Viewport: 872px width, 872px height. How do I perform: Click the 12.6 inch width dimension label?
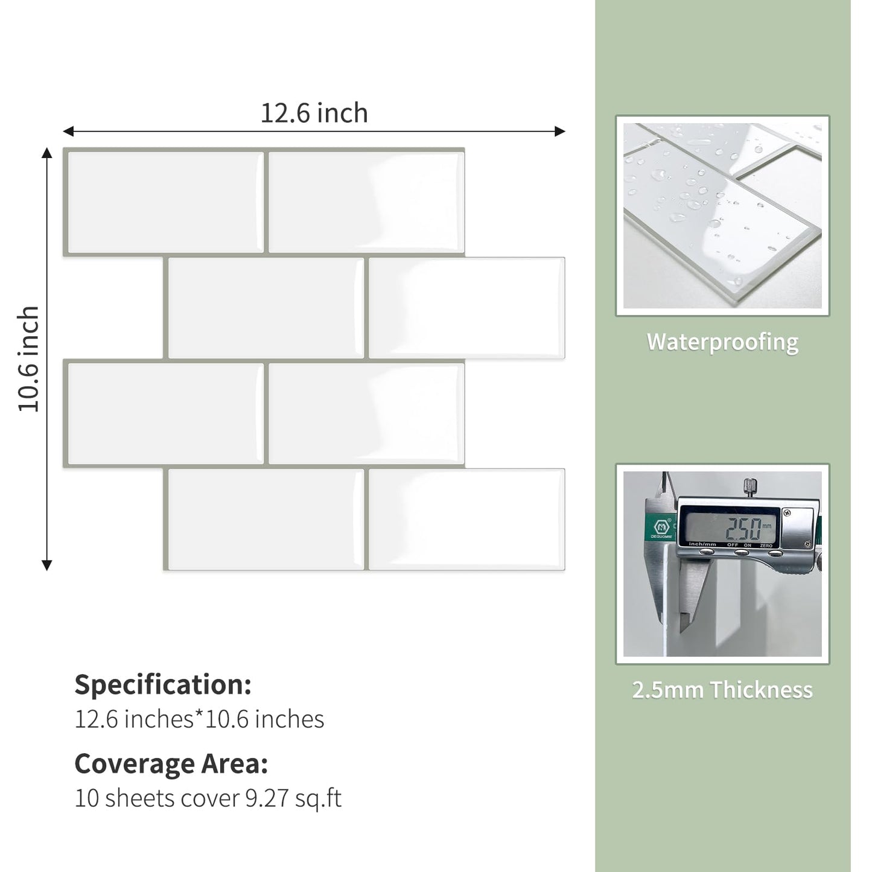pyautogui.click(x=314, y=113)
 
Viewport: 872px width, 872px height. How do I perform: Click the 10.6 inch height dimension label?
pyautogui.click(x=28, y=358)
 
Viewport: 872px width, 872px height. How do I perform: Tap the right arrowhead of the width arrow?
pyautogui.click(x=561, y=132)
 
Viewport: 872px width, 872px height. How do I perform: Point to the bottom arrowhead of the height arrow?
pyautogui.click(x=46, y=565)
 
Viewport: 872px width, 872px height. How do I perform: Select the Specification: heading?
pyautogui.click(x=163, y=685)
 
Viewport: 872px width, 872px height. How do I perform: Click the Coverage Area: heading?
pyautogui.click(x=171, y=764)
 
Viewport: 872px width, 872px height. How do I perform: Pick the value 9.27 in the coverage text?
pyautogui.click(x=267, y=798)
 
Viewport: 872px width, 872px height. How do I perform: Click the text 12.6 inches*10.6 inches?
pyautogui.click(x=199, y=719)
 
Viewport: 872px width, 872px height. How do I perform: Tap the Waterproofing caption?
pyautogui.click(x=722, y=342)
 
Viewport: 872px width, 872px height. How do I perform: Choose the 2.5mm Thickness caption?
pyautogui.click(x=722, y=690)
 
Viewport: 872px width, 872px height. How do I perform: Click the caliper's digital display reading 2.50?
pyautogui.click(x=743, y=529)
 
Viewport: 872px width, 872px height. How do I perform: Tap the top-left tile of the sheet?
pyautogui.click(x=165, y=202)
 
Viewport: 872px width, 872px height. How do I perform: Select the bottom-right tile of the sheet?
pyautogui.click(x=466, y=519)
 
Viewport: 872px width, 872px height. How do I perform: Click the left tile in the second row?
pyautogui.click(x=266, y=308)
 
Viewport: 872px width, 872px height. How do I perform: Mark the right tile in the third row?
pyautogui.click(x=366, y=414)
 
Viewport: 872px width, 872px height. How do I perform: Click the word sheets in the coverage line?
pyautogui.click(x=141, y=798)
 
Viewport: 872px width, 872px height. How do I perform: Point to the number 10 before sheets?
pyautogui.click(x=87, y=798)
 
